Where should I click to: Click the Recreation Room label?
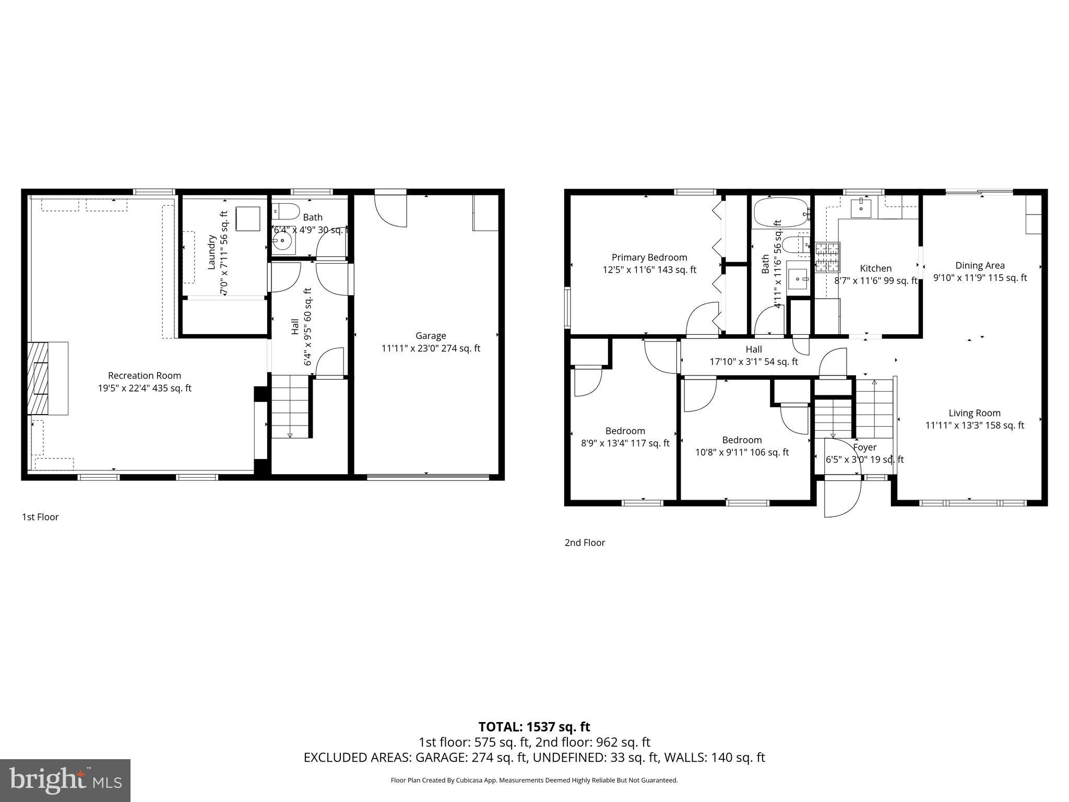145,375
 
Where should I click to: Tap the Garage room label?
431,336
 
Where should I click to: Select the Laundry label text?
212,253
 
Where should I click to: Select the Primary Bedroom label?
649,257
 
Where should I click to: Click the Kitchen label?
875,268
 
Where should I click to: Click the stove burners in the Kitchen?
827,258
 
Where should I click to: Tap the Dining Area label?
980,265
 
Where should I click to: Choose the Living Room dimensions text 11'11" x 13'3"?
975,426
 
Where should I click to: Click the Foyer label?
865,447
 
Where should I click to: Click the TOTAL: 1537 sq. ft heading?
534,727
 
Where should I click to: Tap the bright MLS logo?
65,780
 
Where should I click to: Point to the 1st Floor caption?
40,517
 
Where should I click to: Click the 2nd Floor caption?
585,542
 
